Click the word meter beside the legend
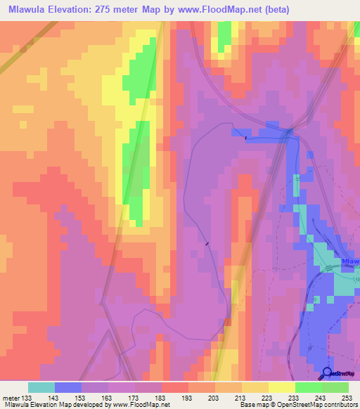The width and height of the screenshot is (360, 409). pos(11,398)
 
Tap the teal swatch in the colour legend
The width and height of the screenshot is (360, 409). pos(42,387)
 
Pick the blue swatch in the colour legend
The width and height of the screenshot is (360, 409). pos(69,387)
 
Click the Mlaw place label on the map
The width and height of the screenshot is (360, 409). pos(349,262)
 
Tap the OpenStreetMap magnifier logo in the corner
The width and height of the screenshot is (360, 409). pos(327,372)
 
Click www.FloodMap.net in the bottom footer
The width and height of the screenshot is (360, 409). pos(138,405)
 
